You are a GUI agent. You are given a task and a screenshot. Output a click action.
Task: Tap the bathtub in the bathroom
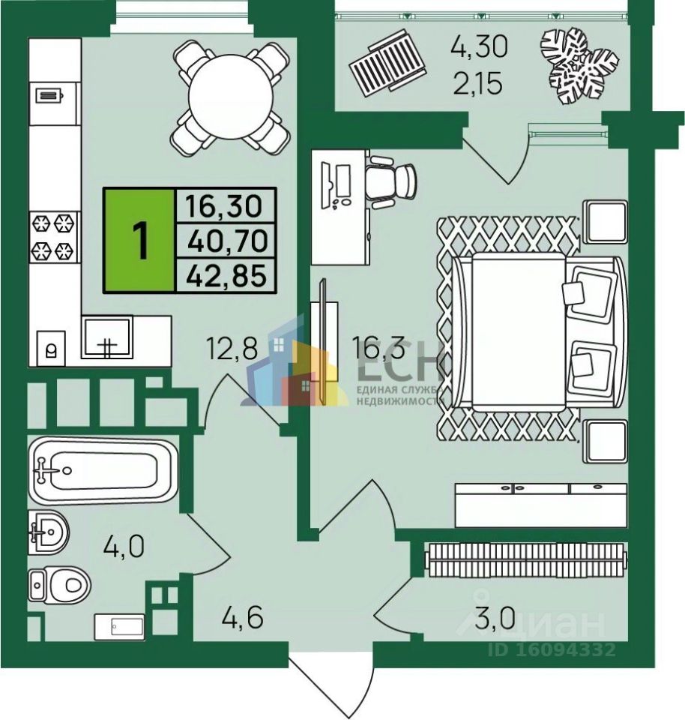click(x=103, y=470)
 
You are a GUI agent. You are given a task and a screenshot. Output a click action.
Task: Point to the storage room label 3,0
click(x=495, y=619)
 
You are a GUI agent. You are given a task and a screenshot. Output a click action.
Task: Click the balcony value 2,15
click(x=479, y=79)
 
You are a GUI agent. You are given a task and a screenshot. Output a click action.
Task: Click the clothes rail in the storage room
click(x=525, y=558)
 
